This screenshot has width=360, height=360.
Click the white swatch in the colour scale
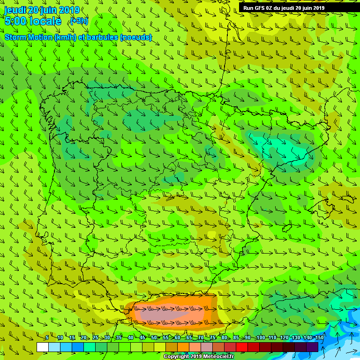point(43,347)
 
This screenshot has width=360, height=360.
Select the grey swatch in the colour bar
point(207,347)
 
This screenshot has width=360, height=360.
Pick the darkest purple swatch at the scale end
point(312,347)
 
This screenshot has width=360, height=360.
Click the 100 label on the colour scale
point(260,338)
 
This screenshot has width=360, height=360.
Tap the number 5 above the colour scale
point(47,338)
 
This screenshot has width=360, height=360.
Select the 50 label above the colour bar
point(154,338)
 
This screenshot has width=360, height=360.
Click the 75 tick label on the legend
point(212,338)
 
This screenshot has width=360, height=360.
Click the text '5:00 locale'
point(33,21)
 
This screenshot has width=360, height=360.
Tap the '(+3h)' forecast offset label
point(79,21)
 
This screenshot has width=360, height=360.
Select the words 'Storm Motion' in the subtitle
point(28,37)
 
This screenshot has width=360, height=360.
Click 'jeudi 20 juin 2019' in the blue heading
point(42,10)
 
